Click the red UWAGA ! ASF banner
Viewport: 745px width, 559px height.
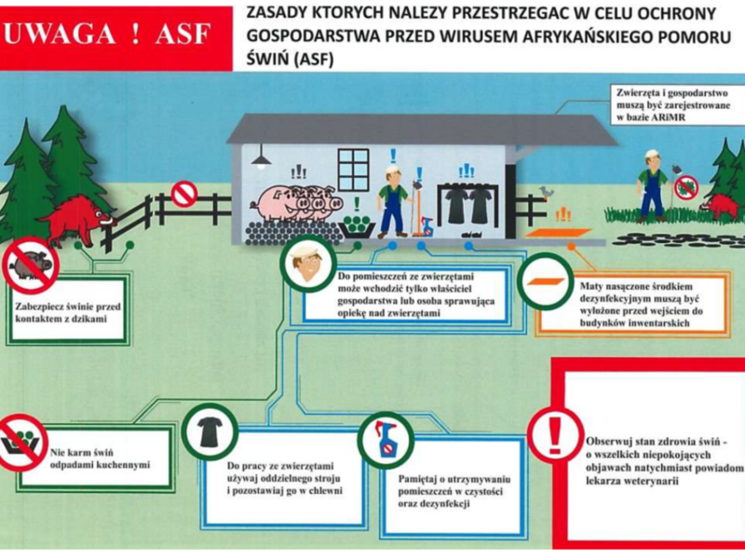pos(115,37)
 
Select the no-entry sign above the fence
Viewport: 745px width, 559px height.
pos(183,194)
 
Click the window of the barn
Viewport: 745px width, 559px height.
pos(353,170)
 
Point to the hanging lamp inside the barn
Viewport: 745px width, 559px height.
pos(262,157)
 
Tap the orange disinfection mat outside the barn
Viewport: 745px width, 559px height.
pos(561,233)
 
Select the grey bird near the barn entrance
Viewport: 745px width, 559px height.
pos(546,192)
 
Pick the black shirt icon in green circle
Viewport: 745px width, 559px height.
pos(209,432)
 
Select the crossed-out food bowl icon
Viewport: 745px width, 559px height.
pos(20,442)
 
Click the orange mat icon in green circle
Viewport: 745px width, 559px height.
pos(545,282)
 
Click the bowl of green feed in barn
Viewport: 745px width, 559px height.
pos(358,224)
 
